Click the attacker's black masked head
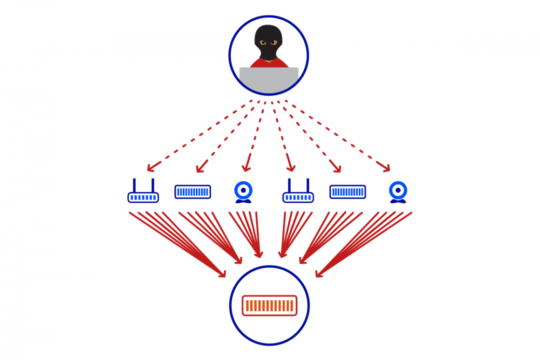point(269,41)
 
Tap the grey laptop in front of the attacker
point(269,80)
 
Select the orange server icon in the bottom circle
point(270,306)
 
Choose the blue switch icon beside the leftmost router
point(192,192)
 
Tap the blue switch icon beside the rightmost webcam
point(348,192)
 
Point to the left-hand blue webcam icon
point(243,191)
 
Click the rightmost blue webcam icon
point(398,191)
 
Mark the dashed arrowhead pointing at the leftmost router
point(150,169)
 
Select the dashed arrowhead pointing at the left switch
point(199,170)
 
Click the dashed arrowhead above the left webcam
point(246,169)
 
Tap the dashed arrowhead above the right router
point(291,169)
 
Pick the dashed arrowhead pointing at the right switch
point(338,170)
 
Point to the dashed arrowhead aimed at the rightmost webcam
point(387,169)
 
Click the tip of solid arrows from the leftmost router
point(223,275)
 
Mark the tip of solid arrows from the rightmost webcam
point(318,275)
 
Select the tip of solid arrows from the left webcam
point(260,255)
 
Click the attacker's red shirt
point(256,63)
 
